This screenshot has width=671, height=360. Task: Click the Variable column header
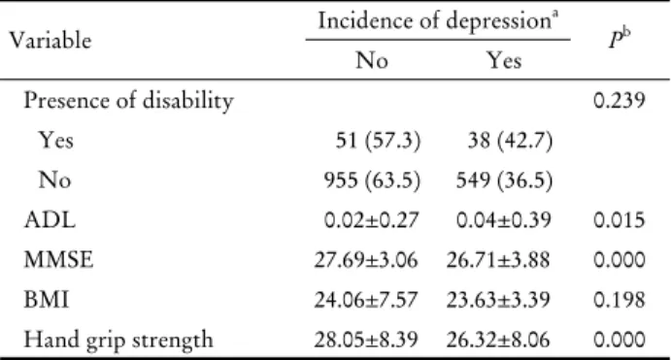coord(50,41)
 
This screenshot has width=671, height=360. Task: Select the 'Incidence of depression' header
coord(438,20)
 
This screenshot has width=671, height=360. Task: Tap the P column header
coord(620,40)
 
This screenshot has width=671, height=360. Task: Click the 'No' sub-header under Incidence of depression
coord(372,60)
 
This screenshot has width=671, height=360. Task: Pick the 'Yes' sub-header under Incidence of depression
coord(505,60)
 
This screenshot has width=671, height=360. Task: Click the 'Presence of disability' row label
coord(129,101)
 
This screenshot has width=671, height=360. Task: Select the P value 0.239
coord(620,101)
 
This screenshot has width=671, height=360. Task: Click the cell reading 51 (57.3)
coord(378,141)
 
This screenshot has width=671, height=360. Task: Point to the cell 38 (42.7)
coord(510,141)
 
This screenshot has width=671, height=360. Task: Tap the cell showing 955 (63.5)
coord(372,180)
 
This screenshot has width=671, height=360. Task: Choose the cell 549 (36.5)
coord(505,180)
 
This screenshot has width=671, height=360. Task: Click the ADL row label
coord(50,220)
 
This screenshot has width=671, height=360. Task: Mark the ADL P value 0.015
coord(620,220)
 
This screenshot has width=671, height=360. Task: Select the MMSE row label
coord(58,260)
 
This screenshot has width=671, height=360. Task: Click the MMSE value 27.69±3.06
coord(366,260)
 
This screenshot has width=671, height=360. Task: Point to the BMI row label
coord(47,300)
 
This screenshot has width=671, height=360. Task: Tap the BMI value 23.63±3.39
coord(498,300)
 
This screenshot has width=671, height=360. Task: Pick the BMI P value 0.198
coord(620,300)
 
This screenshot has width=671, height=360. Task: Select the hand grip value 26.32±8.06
coord(498,340)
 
